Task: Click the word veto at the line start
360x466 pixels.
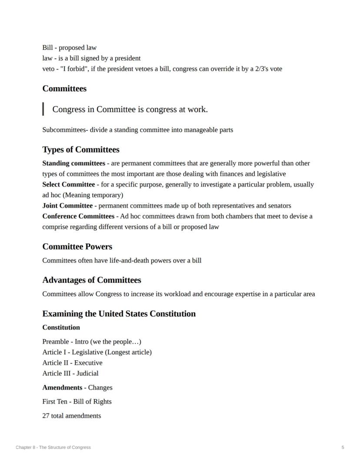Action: (x=49, y=69)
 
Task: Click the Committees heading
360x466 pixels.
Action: (x=64, y=89)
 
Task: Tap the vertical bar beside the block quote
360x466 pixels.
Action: (x=43, y=109)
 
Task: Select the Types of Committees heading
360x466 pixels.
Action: (x=81, y=150)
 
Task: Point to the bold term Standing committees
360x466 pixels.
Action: (x=73, y=164)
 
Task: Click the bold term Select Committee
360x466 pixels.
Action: (x=68, y=184)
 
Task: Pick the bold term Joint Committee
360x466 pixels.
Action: (x=67, y=206)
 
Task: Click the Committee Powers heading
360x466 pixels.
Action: (x=77, y=247)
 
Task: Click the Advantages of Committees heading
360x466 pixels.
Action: (x=92, y=280)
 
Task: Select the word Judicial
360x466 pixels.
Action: (x=87, y=373)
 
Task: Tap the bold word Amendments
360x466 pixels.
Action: (x=62, y=388)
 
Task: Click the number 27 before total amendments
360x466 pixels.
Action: (x=46, y=416)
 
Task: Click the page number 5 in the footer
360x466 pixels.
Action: (x=343, y=447)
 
